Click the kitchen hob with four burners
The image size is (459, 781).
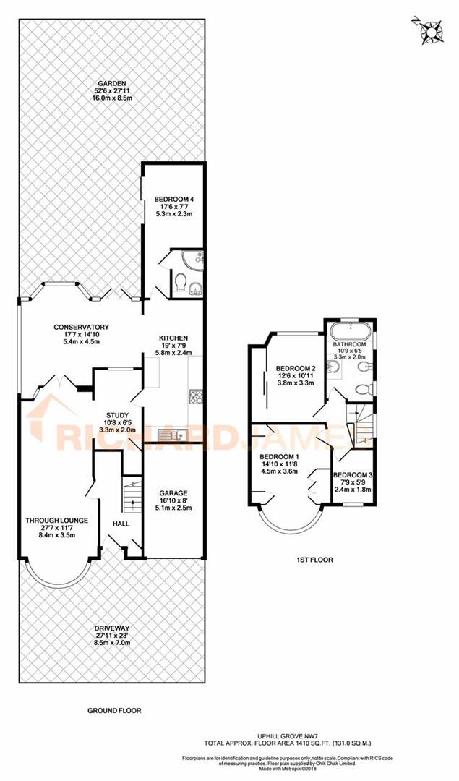[x=197, y=396]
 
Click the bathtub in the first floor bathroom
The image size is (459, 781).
[x=349, y=333]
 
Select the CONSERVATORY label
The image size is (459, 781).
[x=80, y=326]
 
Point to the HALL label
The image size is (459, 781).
[x=121, y=523]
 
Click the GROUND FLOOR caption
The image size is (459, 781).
[x=114, y=710]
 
